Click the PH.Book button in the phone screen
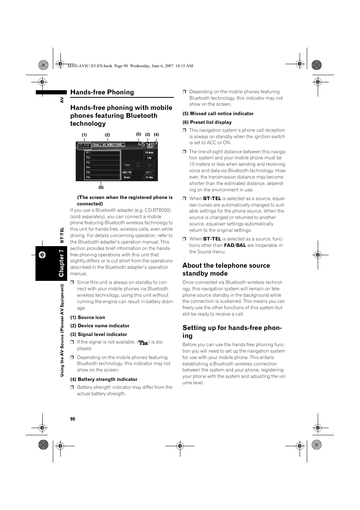point(149,153)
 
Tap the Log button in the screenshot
point(149,158)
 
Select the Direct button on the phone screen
point(127,177)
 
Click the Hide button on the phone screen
point(149,177)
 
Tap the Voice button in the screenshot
point(127,165)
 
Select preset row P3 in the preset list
point(102,163)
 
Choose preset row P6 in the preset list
point(102,177)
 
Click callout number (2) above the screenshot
point(107,135)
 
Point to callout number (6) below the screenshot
point(101,187)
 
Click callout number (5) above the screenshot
point(138,134)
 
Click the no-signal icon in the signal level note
point(143,343)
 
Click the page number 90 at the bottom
point(72,419)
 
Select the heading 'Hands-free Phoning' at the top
point(102,92)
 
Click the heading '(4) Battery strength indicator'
point(104,379)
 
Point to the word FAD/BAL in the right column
point(235,245)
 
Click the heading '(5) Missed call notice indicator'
point(218,114)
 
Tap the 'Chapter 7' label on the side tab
point(61,263)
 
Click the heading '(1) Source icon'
point(88,317)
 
